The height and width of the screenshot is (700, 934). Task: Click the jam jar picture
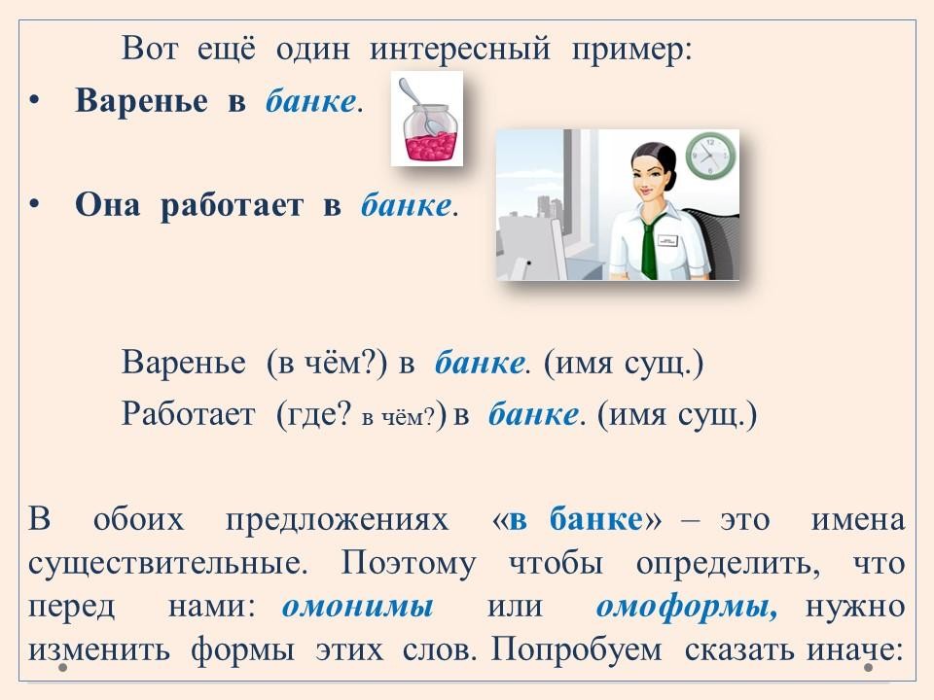[x=426, y=118]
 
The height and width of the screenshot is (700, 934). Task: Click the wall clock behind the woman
[x=710, y=156]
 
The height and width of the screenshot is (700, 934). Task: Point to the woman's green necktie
[x=649, y=247]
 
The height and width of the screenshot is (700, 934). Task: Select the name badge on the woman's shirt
[x=668, y=240]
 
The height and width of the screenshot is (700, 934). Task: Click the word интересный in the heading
[x=460, y=49]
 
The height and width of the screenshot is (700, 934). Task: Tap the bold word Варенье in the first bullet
[x=142, y=100]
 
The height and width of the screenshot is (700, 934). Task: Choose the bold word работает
[x=232, y=205]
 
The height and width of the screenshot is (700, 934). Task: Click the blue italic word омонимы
[x=357, y=607]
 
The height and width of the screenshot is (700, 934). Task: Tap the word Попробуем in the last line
[x=576, y=649]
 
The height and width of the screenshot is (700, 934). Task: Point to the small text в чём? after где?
[x=399, y=417]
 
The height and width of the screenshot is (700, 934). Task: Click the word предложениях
[x=337, y=519]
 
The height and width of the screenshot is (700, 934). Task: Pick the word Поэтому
[x=409, y=563]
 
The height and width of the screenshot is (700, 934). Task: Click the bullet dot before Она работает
[x=34, y=204]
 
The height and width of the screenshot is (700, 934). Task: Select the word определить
[x=728, y=563]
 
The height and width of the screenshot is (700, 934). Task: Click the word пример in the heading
[x=631, y=50]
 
